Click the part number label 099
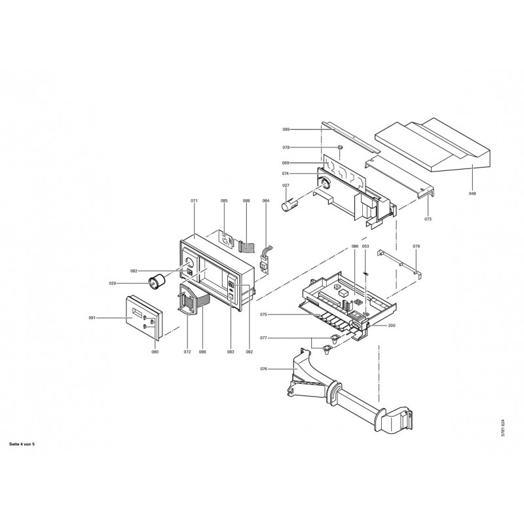pos(286,129)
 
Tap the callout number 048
pos(472,193)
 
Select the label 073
pos(428,219)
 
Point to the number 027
pos(286,185)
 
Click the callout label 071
pos(194,201)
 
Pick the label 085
pos(224,201)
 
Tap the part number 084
pos(266,201)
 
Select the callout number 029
pos(112,284)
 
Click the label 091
pos(92,318)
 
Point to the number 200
pos(392,325)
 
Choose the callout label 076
pos(264,369)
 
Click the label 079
pos(416,246)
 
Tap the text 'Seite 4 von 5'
pos(22,445)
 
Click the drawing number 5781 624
pos(503,428)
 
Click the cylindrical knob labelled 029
pos(157,280)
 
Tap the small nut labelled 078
pos(340,147)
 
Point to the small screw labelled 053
pos(365,274)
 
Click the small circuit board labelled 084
pos(266,262)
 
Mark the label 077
pos(264,338)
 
